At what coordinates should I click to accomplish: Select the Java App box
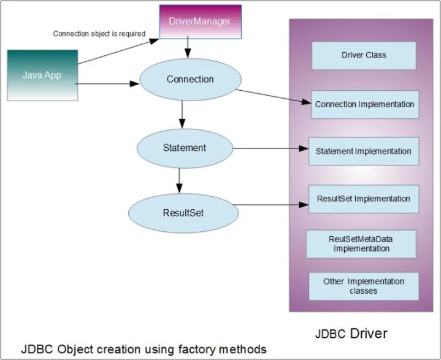pyautogui.click(x=42, y=75)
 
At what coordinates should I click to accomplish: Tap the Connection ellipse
pyautogui.click(x=190, y=80)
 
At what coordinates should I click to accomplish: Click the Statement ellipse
pyautogui.click(x=184, y=148)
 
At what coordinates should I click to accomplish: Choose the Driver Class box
pyautogui.click(x=364, y=55)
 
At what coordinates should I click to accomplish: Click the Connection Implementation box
pyautogui.click(x=364, y=104)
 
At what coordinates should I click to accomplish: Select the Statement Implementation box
pyautogui.click(x=363, y=151)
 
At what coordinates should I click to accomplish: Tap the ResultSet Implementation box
pyautogui.click(x=363, y=199)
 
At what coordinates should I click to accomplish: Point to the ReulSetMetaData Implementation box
pyautogui.click(x=362, y=244)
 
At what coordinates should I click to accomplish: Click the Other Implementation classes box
pyautogui.click(x=364, y=286)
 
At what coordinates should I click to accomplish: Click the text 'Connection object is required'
pyautogui.click(x=99, y=34)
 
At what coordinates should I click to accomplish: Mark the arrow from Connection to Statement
pyautogui.click(x=182, y=115)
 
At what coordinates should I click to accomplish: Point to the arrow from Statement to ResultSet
pyautogui.click(x=179, y=180)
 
